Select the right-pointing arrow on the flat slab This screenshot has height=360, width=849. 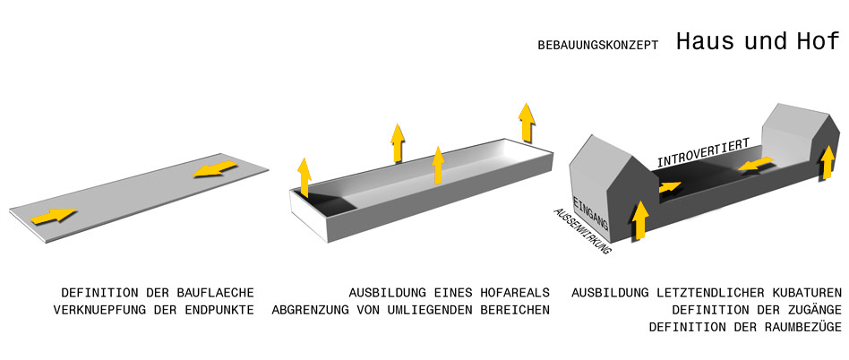[x=53, y=216]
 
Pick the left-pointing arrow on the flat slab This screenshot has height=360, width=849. [x=215, y=167]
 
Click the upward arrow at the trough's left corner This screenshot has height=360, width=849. [x=304, y=176]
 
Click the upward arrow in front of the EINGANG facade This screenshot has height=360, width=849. [x=639, y=222]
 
